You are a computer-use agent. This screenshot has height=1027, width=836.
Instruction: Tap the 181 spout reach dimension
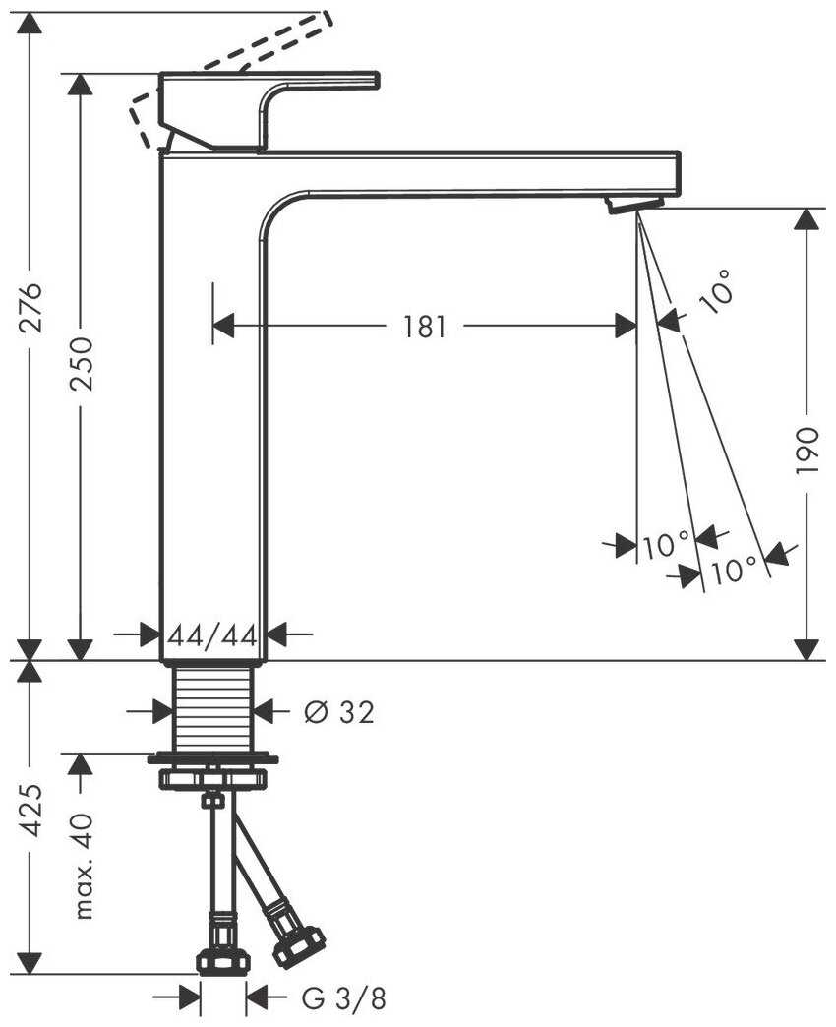(x=425, y=326)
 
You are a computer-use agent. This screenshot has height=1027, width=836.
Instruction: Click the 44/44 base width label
(x=211, y=635)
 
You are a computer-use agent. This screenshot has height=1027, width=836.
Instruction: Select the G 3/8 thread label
(x=344, y=999)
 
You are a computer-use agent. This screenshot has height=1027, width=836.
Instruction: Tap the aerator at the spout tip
(x=634, y=204)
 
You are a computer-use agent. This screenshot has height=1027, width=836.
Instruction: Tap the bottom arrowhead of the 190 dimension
(x=806, y=648)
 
